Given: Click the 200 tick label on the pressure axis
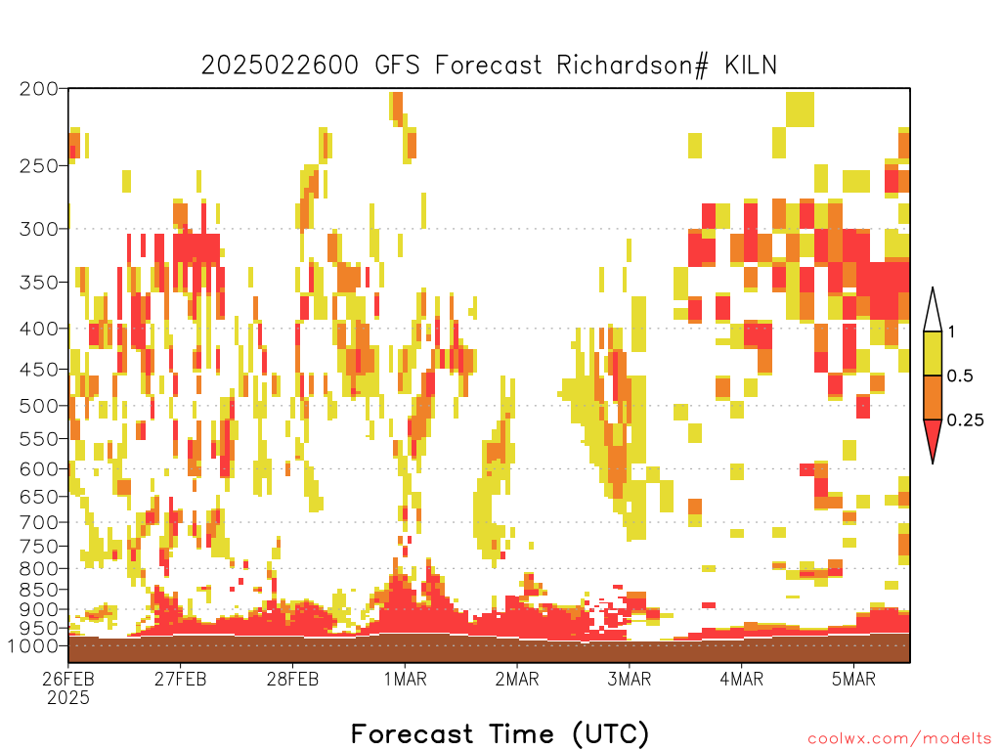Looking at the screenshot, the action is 39,89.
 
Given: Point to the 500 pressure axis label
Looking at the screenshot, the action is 39,406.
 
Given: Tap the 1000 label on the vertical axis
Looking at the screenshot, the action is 32,645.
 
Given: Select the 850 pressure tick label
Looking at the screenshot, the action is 39,590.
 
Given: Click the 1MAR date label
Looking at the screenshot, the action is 405,679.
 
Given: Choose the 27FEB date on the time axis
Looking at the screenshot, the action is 180,679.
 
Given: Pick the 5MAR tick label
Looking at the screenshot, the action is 853,679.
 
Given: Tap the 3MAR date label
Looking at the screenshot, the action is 629,679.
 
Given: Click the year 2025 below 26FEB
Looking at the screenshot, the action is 68,698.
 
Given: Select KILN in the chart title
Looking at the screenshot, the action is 750,66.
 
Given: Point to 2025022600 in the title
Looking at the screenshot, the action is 280,66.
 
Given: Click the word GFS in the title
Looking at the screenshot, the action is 397,66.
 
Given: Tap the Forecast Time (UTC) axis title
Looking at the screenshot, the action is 500,733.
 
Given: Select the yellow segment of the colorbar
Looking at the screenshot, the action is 933,353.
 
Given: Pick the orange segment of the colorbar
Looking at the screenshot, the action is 933,397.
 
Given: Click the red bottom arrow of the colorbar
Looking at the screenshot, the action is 933,437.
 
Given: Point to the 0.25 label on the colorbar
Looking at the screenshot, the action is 965,420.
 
